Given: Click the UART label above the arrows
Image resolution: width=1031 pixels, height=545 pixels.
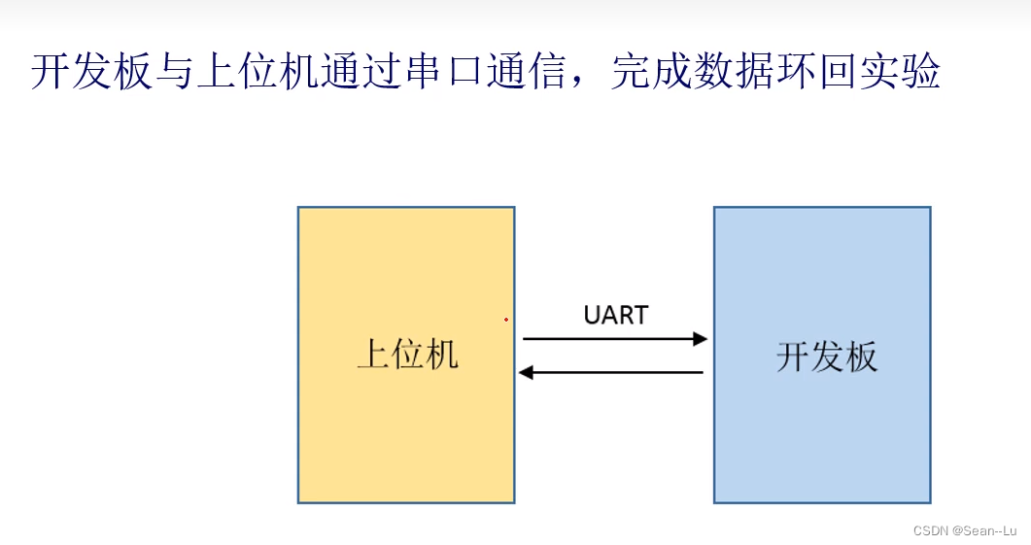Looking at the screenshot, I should click(615, 315).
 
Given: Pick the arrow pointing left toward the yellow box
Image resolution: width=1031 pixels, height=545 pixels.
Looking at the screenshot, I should click(611, 372).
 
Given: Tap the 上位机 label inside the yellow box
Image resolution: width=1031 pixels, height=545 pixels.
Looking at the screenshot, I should click(407, 355).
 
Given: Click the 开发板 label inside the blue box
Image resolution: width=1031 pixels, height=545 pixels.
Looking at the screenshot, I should click(826, 357).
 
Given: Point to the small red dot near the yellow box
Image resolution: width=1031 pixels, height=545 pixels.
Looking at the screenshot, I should click(506, 319).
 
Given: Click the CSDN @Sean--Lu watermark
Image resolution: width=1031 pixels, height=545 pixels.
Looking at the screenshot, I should click(964, 530).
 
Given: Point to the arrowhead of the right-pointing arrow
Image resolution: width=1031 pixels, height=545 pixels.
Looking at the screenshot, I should click(701, 339).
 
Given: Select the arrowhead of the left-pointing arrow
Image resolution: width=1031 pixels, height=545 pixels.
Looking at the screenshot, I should click(526, 372).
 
